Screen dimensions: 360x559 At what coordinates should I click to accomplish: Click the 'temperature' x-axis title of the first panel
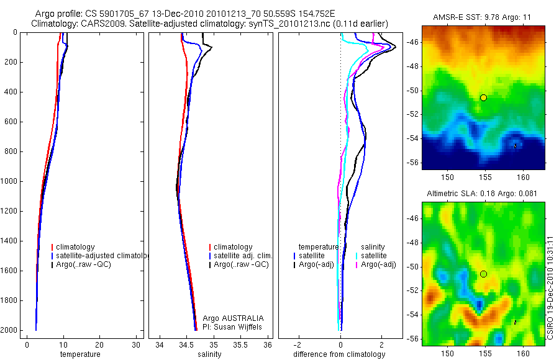tap(80, 354)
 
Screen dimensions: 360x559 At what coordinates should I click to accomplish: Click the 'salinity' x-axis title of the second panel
tap(208, 354)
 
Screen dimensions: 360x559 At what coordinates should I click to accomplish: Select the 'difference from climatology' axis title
tap(339, 354)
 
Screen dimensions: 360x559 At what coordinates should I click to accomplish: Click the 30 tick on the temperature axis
tap(135, 344)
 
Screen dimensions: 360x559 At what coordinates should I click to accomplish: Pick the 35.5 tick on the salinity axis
tap(241, 344)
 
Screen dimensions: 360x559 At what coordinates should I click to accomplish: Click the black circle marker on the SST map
tap(483, 97)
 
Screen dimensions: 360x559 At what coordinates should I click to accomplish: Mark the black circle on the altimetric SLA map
tap(483, 274)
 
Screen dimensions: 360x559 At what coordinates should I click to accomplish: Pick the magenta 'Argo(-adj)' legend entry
tap(378, 265)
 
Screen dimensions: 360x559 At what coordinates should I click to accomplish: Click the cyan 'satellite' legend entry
tap(374, 256)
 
